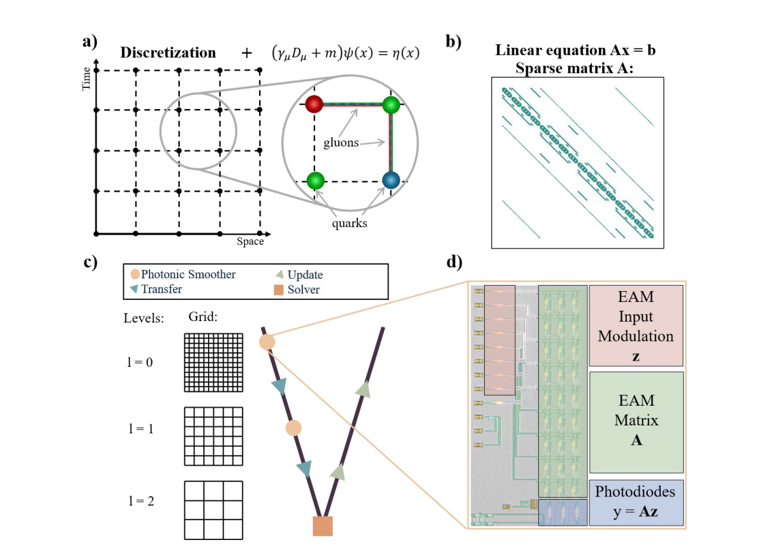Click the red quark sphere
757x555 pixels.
[314, 104]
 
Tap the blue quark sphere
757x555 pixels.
[391, 181]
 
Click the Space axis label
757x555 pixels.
[250, 242]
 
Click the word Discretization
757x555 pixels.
[168, 53]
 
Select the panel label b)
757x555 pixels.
[452, 40]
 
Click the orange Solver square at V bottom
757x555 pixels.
[323, 526]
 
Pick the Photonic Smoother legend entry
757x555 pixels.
[183, 274]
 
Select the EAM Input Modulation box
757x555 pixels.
[636, 326]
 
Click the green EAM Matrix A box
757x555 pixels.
[636, 421]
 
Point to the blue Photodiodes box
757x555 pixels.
[636, 501]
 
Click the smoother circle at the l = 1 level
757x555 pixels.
[293, 428]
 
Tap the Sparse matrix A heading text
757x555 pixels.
[575, 67]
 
